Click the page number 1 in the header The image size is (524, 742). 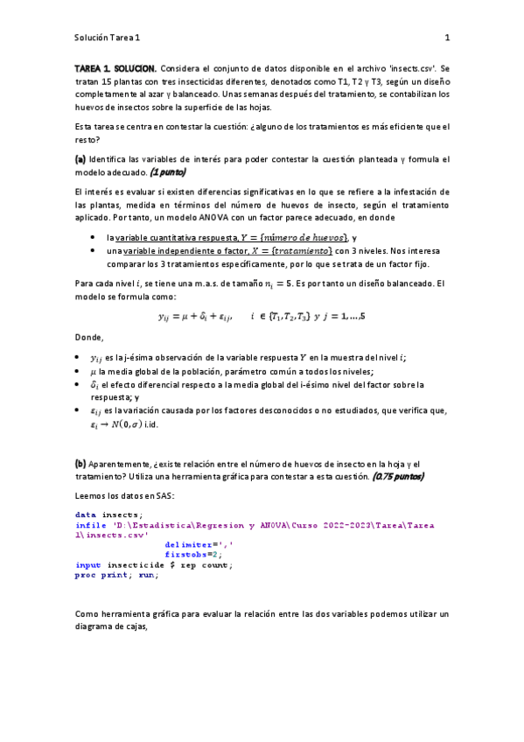click(446, 38)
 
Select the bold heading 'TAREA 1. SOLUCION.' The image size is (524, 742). click(115, 67)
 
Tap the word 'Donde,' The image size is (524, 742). click(89, 338)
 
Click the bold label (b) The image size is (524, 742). click(80, 464)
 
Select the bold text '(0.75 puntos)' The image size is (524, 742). click(398, 477)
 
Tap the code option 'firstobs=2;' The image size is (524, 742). click(193, 554)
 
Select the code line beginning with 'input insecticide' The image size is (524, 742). click(153, 564)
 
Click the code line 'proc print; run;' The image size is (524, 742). click(116, 574)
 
